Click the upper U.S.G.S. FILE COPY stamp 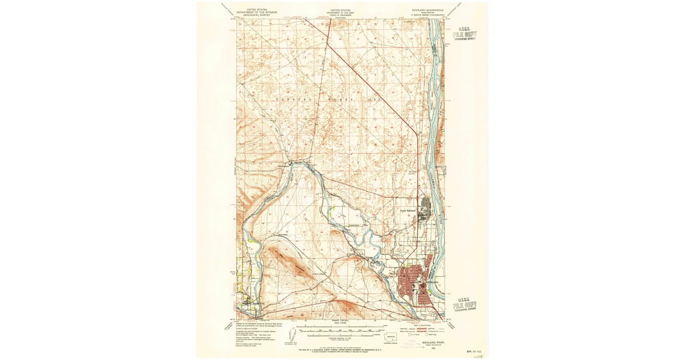coord(465,34)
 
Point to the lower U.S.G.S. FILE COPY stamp coord(465,304)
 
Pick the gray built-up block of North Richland coord(425,208)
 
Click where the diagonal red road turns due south coord(417,134)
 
